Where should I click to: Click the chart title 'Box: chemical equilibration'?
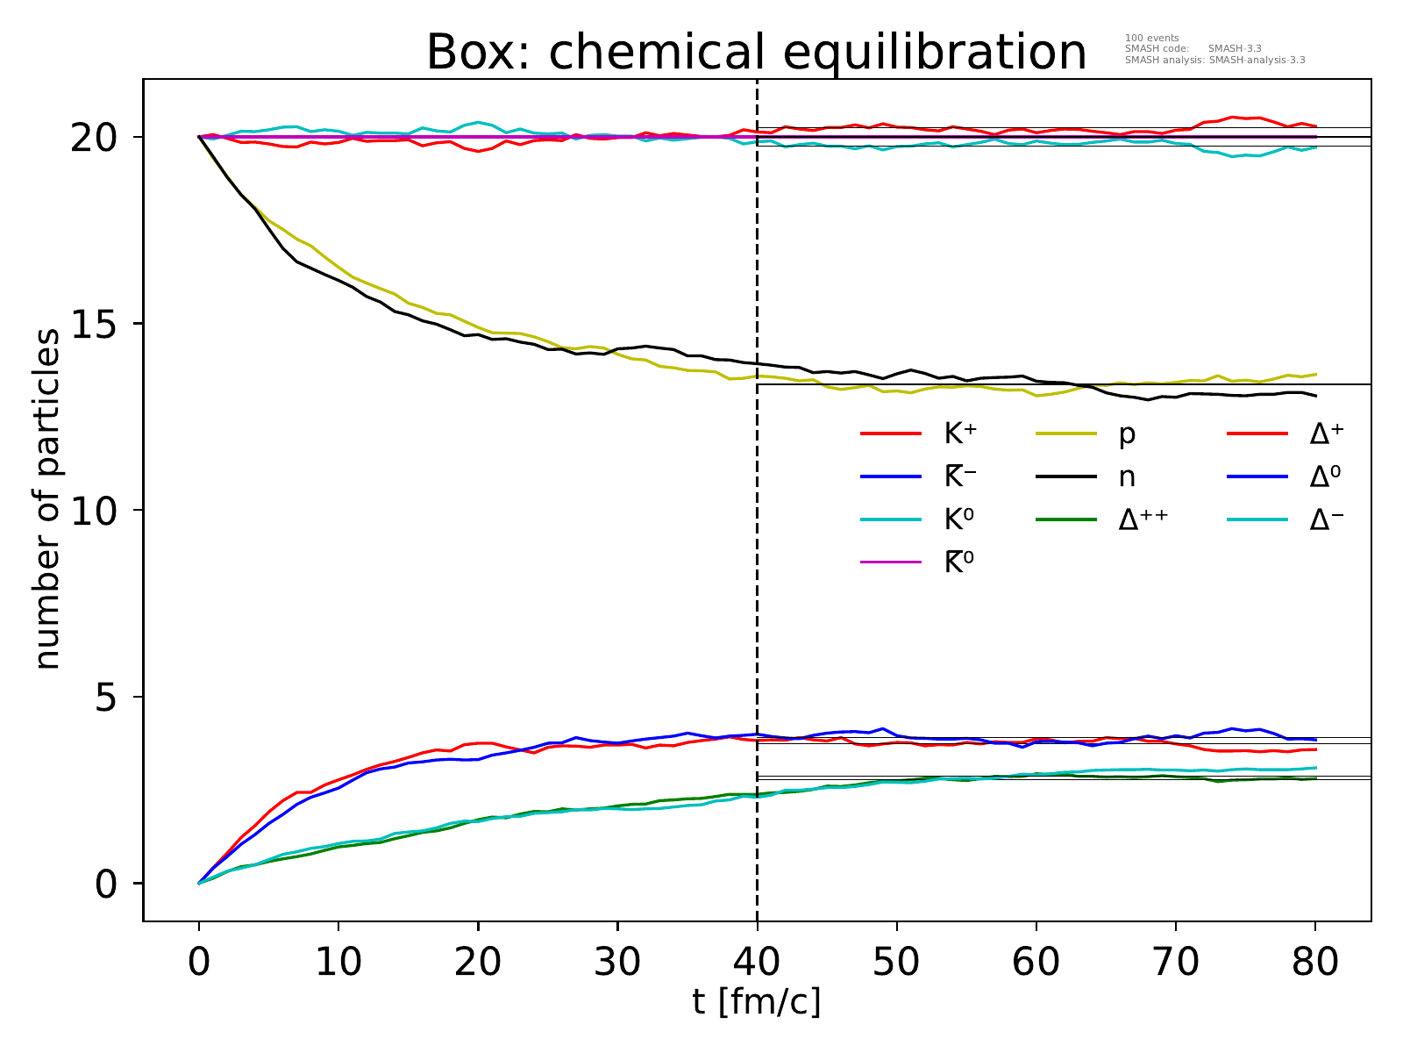(756, 53)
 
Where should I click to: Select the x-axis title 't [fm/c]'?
(756, 1000)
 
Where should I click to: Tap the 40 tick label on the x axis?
(757, 962)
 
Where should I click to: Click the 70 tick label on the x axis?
(1176, 962)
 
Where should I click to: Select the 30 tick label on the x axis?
(617, 962)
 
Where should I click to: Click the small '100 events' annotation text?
(1151, 38)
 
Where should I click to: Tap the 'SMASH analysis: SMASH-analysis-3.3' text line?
(1214, 61)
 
